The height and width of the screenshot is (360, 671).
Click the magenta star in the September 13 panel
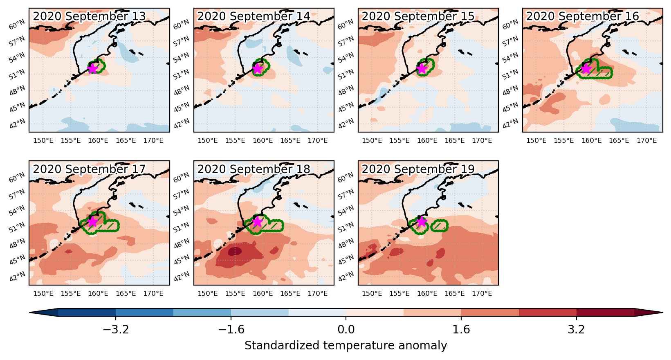pyautogui.click(x=92, y=69)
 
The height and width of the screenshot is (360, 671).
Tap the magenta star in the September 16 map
pyautogui.click(x=586, y=69)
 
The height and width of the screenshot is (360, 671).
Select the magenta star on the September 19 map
pyautogui.click(x=422, y=221)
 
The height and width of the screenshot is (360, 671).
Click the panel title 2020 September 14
pyautogui.click(x=254, y=16)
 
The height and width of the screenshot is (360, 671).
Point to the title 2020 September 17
pyautogui.click(x=89, y=169)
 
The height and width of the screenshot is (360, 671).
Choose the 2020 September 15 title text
pyautogui.click(x=418, y=16)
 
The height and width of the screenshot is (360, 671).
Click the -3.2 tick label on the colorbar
pyautogui.click(x=116, y=329)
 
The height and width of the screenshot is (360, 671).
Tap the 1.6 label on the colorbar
pyautogui.click(x=461, y=329)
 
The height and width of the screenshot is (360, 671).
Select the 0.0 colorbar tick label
pyautogui.click(x=346, y=329)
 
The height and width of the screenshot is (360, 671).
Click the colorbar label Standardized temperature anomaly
pyautogui.click(x=346, y=345)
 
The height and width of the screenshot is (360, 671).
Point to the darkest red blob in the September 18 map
pyautogui.click(x=235, y=251)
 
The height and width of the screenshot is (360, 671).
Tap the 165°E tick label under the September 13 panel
pyautogui.click(x=126, y=141)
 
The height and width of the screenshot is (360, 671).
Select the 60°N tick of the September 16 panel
pyautogui.click(x=510, y=24)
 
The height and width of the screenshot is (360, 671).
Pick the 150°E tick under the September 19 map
pyautogui.click(x=372, y=293)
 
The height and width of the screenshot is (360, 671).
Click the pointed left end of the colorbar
pyautogui.click(x=30, y=313)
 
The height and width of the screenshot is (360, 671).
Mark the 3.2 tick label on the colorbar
pyautogui.click(x=577, y=329)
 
